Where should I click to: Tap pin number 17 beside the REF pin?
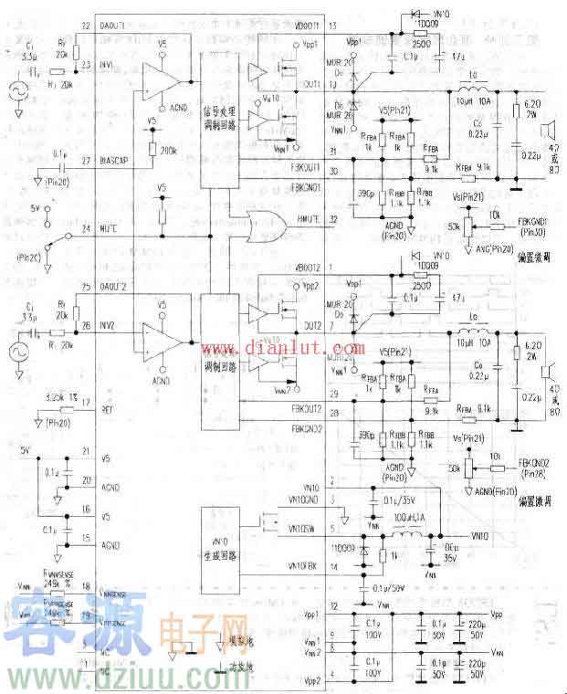tap(87, 402)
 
